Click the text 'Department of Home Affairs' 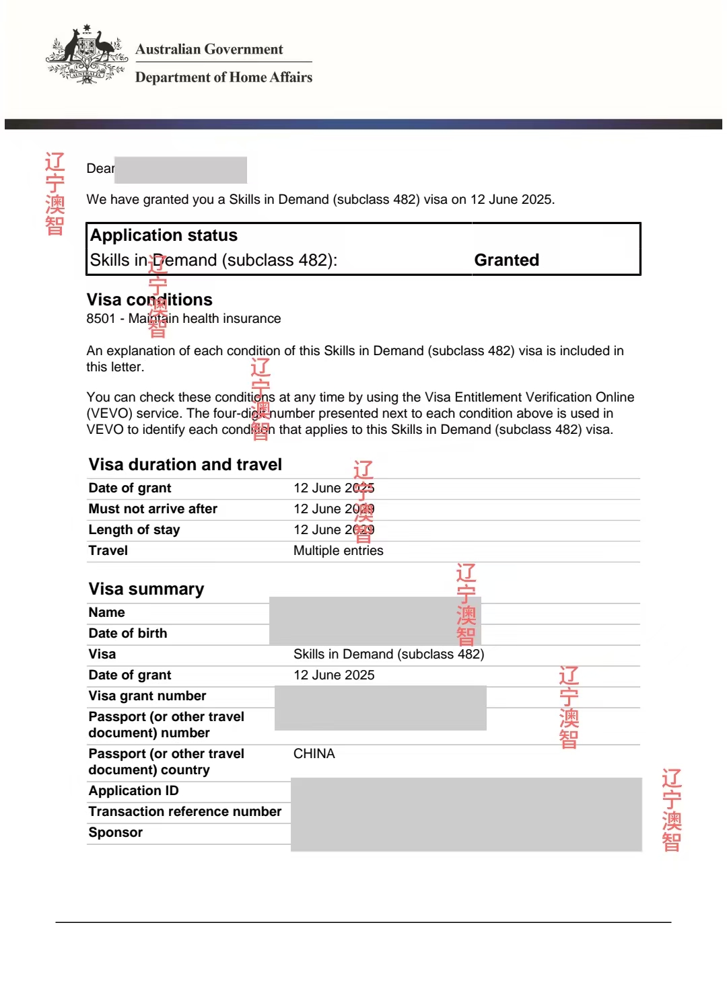[x=223, y=77]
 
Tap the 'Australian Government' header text [x=209, y=49]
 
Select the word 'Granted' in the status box [x=506, y=260]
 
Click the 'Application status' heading [x=164, y=235]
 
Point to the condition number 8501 [x=101, y=319]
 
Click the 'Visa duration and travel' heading [x=185, y=465]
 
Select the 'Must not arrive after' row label [x=153, y=509]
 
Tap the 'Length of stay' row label [x=134, y=530]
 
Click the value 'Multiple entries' [x=338, y=551]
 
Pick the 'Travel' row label [x=108, y=551]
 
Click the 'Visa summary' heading [x=146, y=589]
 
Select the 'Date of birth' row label [x=128, y=634]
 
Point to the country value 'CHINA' [x=314, y=754]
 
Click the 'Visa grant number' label [x=147, y=696]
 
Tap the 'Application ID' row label [x=133, y=791]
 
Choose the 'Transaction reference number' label [x=184, y=812]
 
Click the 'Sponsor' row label [x=115, y=833]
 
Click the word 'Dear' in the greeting [x=100, y=169]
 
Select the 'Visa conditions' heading [x=149, y=300]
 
